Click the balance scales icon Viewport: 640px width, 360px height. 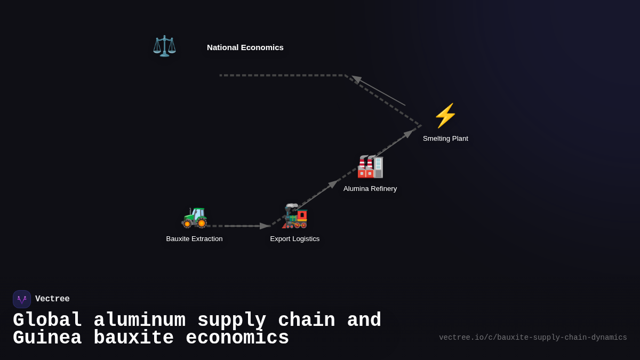point(164,46)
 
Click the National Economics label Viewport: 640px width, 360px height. point(245,47)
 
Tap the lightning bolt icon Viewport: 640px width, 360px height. point(445,116)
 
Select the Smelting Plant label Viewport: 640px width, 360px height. point(445,139)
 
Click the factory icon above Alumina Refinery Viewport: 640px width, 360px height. point(370,166)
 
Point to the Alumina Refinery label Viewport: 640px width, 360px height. point(370,189)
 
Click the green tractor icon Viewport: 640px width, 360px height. point(194,217)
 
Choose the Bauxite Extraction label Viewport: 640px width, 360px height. point(194,239)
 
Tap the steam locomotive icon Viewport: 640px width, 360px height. point(295,216)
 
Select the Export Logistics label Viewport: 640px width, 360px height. point(295,239)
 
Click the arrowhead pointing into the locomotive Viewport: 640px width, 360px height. point(265,226)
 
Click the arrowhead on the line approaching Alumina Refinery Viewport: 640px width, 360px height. point(333,184)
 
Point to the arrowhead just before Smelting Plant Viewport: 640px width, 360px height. point(409,134)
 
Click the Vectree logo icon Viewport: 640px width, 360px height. point(22,299)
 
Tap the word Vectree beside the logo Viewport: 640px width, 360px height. point(52,299)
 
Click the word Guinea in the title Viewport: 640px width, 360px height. point(47,338)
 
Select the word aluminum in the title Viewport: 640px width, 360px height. point(139,321)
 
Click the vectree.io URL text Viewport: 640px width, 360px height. point(533,338)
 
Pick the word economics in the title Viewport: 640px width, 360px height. point(237,338)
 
